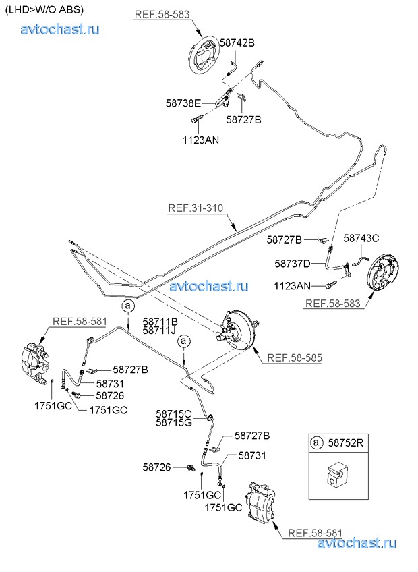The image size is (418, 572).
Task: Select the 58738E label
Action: click(183, 103)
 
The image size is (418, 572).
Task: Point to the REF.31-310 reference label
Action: click(196, 208)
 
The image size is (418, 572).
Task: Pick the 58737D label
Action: click(293, 263)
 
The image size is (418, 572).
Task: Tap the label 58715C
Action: click(174, 413)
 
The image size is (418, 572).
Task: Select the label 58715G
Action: click(174, 422)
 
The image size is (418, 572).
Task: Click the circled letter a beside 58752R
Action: click(316, 442)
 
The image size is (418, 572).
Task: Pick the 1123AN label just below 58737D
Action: click(292, 285)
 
